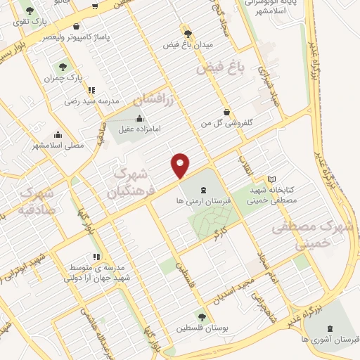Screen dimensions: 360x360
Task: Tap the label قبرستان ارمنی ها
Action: point(204,200)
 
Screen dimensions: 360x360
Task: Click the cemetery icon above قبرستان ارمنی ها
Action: point(204,189)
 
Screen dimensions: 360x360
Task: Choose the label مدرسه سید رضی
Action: point(96,101)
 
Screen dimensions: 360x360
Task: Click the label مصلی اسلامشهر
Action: point(58,146)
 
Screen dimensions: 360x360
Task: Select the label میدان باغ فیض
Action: point(187,44)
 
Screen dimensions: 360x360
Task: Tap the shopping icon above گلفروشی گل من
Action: point(226,112)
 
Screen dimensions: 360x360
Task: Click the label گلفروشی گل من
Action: point(226,122)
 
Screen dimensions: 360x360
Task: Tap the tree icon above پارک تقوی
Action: point(29,11)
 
